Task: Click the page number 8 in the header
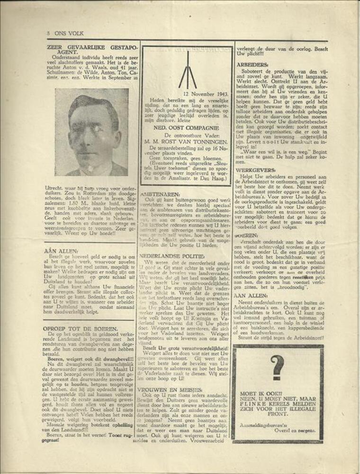pyautogui.click(x=48, y=33)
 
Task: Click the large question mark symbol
pyautogui.click(x=278, y=368)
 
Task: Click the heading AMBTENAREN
pyautogui.click(x=160, y=193)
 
